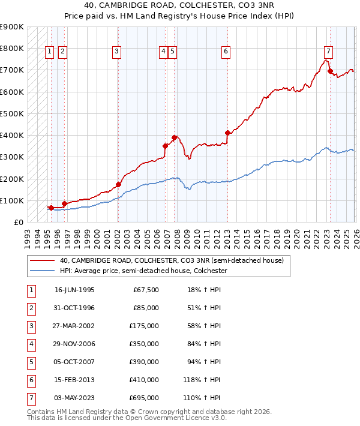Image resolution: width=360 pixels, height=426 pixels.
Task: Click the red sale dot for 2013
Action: (227, 133)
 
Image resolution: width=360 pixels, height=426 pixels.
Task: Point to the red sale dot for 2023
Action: (329, 71)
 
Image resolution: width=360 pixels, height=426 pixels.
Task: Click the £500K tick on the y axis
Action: (12, 113)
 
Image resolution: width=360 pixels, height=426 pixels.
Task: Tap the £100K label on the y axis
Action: (12, 200)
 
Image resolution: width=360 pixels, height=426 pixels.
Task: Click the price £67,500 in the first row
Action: (146, 289)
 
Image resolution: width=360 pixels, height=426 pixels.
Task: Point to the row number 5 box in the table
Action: (30, 361)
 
